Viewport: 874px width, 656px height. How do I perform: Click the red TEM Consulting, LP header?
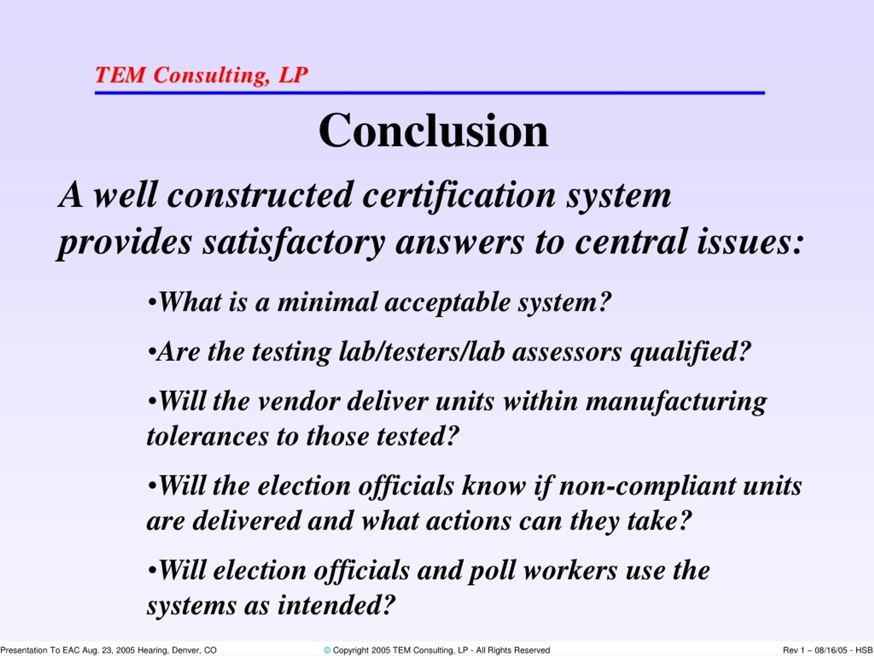coord(201,75)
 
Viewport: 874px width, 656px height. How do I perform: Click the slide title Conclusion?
coord(434,130)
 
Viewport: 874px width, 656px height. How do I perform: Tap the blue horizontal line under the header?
coord(430,93)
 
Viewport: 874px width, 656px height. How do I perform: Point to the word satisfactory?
coord(294,242)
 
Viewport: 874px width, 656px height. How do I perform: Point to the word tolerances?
coord(208,437)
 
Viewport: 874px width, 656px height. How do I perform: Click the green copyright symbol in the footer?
coord(327,651)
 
